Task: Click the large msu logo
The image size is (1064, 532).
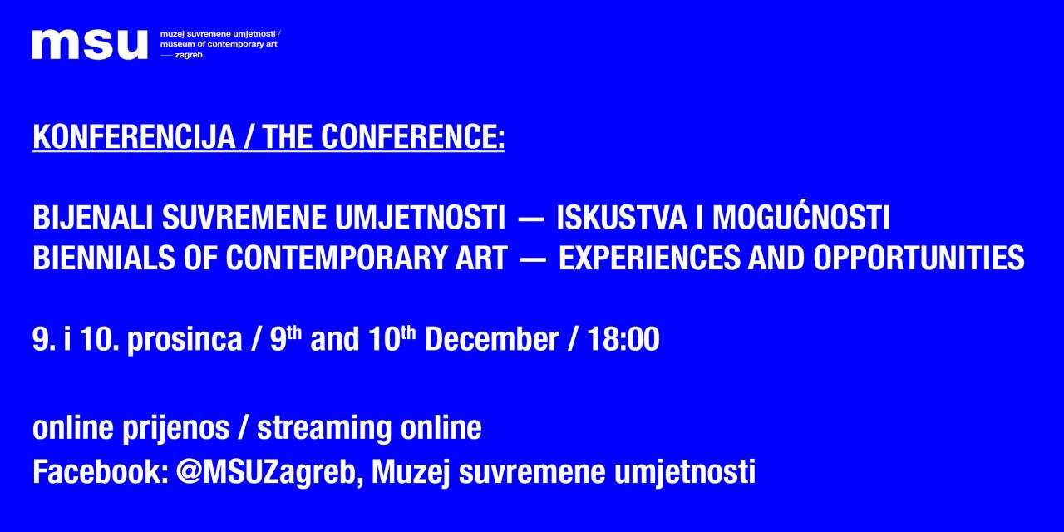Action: point(90,45)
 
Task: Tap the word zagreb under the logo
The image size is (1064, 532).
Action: point(189,55)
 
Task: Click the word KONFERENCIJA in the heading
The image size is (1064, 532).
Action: point(134,137)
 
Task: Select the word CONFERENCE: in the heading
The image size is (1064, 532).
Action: point(412,137)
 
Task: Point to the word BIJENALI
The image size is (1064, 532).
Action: point(93,218)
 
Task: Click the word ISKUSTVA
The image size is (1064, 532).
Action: point(622,218)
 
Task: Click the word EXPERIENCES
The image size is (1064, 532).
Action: point(649,258)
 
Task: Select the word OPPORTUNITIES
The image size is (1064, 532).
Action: point(919,258)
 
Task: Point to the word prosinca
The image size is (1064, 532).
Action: point(185,340)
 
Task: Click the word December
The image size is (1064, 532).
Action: point(491,338)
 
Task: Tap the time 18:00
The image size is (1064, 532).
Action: point(623,338)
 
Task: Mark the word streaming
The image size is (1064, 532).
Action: point(324,429)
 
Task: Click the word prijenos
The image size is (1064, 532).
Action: point(175,429)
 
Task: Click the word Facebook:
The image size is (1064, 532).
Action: point(101,471)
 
